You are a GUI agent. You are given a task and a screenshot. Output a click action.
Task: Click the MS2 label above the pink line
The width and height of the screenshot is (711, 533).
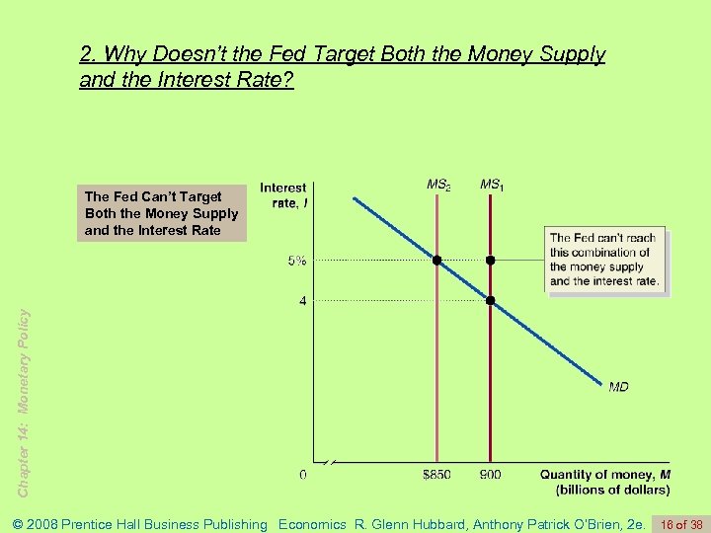click(x=437, y=185)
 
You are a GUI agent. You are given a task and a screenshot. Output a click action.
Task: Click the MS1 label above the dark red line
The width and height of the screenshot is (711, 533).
click(x=491, y=185)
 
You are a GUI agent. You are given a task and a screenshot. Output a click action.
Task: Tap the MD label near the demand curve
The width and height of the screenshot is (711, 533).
click(x=618, y=387)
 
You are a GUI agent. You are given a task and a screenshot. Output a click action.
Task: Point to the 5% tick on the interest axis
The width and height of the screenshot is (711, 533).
click(x=296, y=261)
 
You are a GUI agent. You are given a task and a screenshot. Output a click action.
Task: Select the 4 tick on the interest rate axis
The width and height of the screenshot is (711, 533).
click(x=302, y=300)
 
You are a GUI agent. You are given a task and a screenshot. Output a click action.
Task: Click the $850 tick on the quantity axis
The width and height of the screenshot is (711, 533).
click(x=436, y=475)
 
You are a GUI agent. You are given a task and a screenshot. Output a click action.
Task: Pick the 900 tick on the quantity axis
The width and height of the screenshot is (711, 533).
click(x=490, y=475)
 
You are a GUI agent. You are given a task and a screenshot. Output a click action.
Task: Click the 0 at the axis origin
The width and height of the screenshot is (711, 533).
click(x=302, y=475)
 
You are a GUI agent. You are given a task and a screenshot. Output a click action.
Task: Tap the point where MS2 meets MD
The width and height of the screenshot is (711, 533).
click(x=436, y=261)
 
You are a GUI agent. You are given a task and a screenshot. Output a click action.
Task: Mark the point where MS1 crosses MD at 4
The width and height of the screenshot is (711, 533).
click(x=490, y=300)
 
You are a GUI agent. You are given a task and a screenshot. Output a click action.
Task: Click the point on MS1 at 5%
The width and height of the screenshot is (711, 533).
click(x=490, y=261)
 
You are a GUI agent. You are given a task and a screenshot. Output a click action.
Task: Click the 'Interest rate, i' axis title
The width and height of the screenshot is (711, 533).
click(x=283, y=194)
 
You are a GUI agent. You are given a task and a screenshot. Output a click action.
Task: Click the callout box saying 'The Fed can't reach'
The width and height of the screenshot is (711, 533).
click(x=604, y=260)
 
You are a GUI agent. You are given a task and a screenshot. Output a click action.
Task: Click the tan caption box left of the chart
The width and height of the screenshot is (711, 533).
click(x=162, y=214)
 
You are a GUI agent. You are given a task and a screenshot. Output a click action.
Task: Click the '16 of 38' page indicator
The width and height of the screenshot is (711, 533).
click(x=680, y=524)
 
